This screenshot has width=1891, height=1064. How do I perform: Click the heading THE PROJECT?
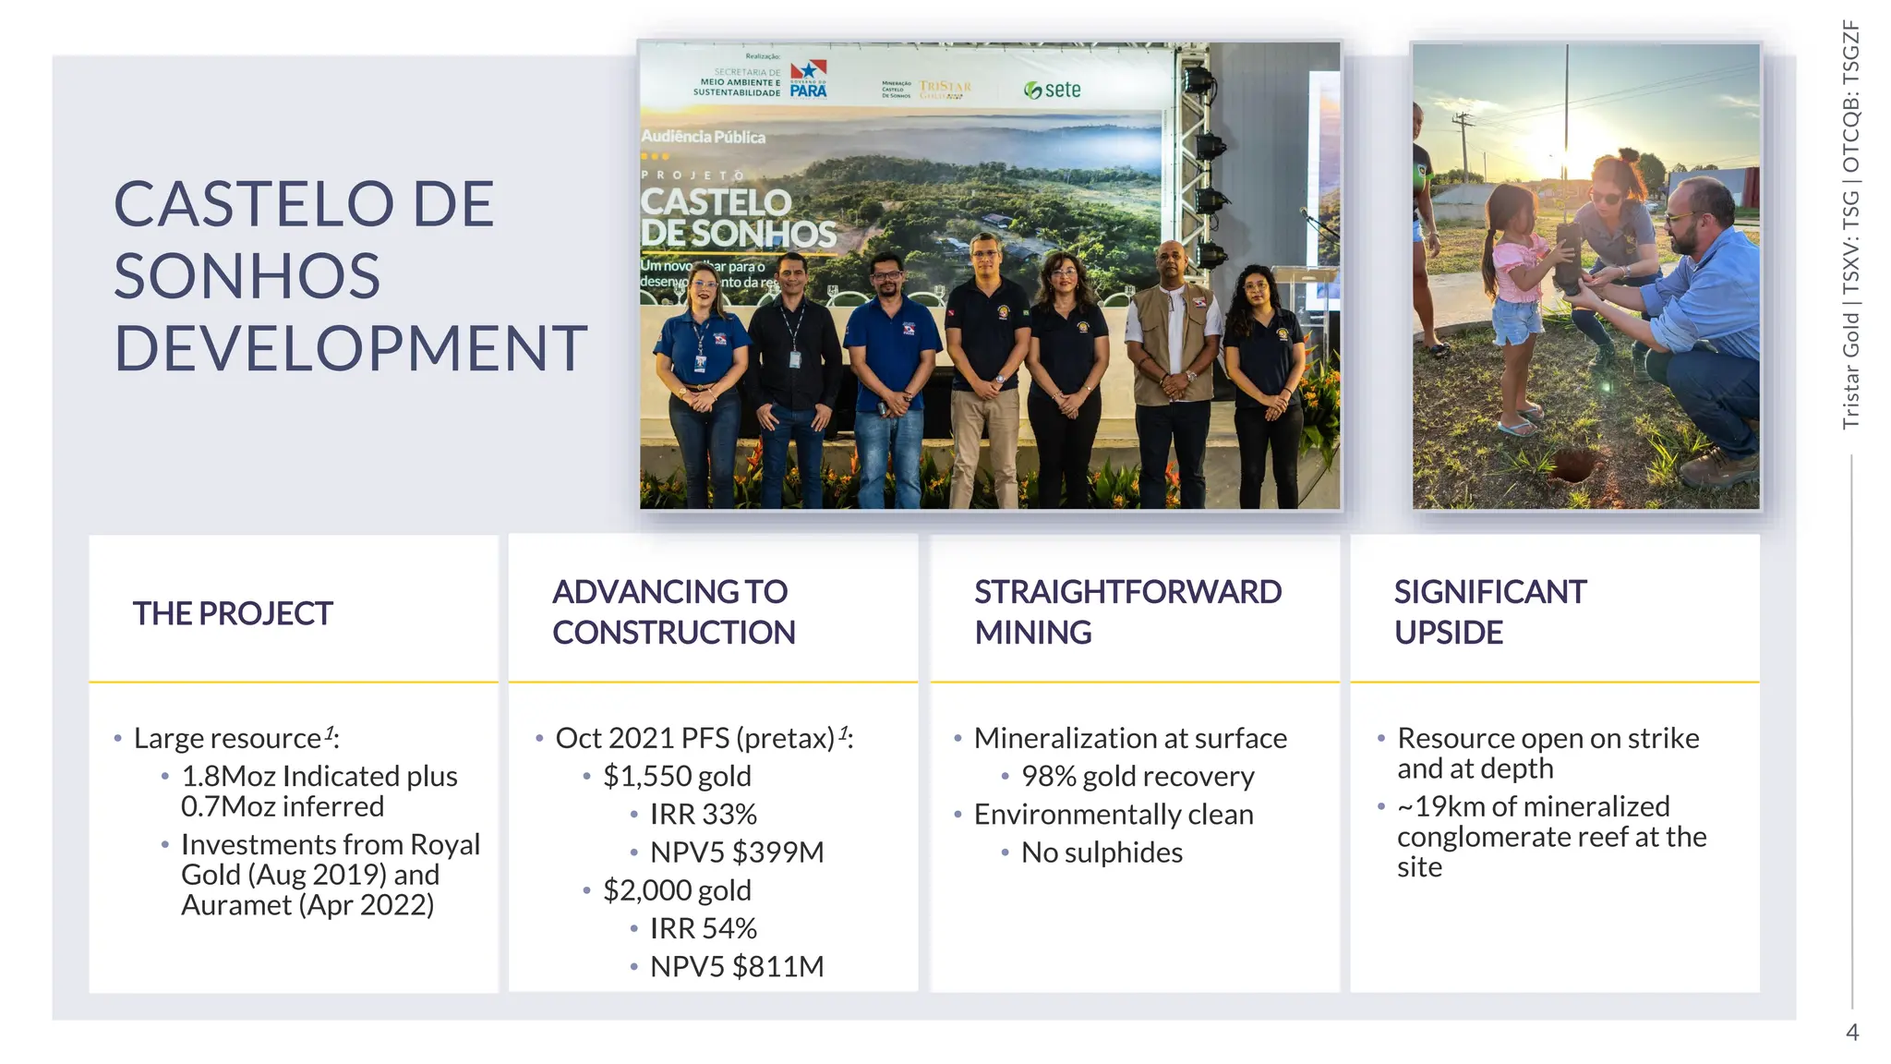tap(232, 613)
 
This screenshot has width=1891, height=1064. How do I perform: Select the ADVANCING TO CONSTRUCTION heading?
tap(673, 611)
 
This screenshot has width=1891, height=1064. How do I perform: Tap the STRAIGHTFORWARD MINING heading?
tap(1127, 611)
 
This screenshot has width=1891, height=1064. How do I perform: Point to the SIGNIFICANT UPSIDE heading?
tap(1489, 611)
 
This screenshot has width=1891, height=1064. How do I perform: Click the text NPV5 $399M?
tap(736, 852)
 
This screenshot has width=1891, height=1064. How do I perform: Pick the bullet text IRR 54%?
tap(703, 927)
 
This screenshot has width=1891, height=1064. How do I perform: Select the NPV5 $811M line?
tap(736, 966)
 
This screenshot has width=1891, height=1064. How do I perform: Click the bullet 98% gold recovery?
tap(1137, 776)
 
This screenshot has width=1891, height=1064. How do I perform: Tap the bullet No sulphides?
tap(1101, 852)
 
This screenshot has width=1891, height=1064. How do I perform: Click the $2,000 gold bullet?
tap(677, 889)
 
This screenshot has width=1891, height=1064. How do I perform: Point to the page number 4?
tap(1851, 1032)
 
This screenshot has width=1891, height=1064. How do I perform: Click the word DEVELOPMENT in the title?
tap(350, 348)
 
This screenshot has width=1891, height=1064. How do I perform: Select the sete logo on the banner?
tap(1053, 90)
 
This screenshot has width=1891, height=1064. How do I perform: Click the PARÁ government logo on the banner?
tap(808, 79)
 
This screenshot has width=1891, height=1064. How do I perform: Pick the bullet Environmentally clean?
tap(1113, 814)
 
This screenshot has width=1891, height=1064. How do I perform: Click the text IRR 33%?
tap(703, 814)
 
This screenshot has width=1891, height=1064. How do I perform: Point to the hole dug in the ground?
tap(1576, 462)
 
